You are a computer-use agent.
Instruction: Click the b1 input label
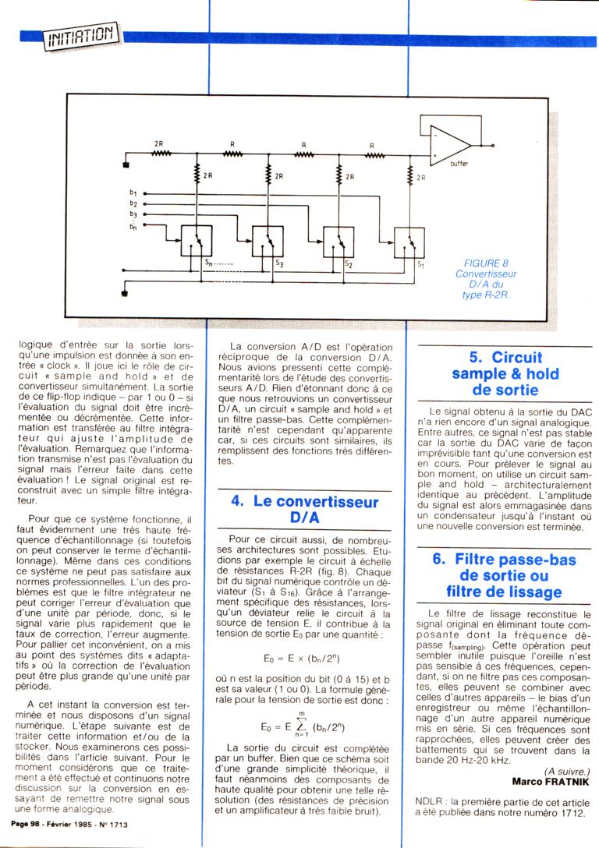[x=133, y=192]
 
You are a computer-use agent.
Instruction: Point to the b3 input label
[x=133, y=213]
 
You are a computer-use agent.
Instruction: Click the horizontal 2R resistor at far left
[x=161, y=154]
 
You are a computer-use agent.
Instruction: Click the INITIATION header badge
[x=80, y=35]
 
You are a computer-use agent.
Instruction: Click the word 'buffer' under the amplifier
[x=460, y=164]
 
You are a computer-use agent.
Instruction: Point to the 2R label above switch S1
[x=420, y=178]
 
